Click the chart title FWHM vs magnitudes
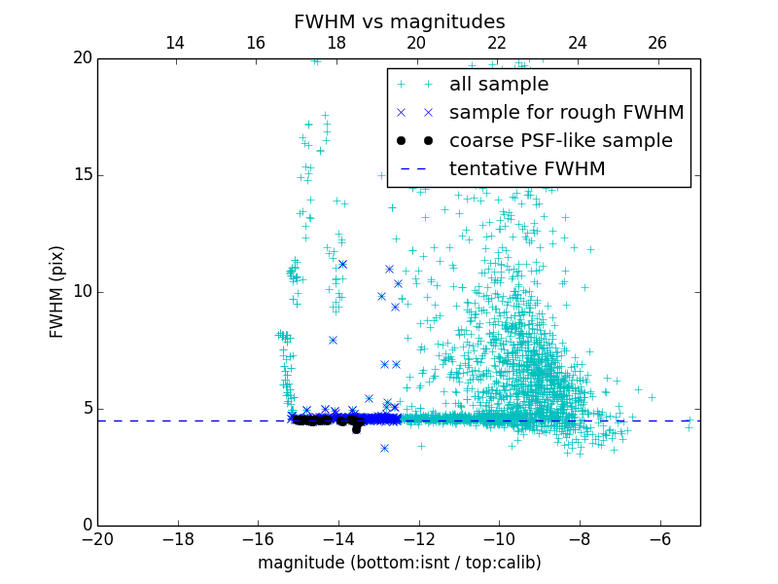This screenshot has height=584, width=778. tap(399, 21)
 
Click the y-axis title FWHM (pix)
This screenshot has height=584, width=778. tap(57, 291)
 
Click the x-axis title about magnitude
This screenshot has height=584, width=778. tap(399, 563)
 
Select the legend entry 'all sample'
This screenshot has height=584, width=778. tap(499, 85)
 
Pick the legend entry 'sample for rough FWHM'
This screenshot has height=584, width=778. tap(566, 112)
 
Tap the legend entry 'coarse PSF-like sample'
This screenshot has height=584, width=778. tap(560, 140)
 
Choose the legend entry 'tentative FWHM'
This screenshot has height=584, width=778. tap(527, 168)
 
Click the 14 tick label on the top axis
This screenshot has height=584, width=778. tap(175, 43)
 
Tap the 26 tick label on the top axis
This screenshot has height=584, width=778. tap(657, 43)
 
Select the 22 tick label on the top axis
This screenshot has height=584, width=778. tap(497, 43)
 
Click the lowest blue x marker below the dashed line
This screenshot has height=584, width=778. tap(384, 448)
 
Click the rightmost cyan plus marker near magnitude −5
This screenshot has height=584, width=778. tap(689, 427)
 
